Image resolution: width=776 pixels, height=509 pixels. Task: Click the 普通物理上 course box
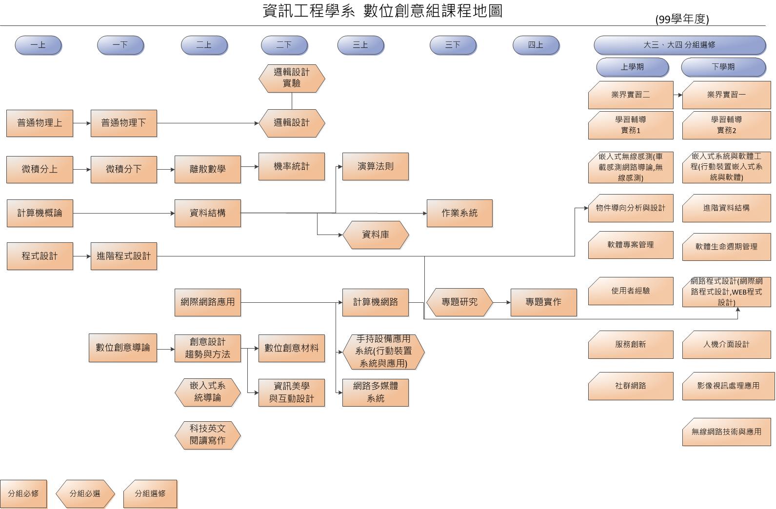[40, 123]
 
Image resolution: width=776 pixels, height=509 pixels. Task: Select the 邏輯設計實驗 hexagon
[292, 78]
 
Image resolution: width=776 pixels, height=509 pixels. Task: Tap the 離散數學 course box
[207, 169]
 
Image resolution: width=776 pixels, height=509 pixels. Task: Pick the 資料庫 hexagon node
[375, 235]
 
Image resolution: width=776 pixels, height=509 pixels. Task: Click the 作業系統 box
[459, 213]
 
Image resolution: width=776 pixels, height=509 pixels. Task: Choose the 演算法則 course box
[375, 166]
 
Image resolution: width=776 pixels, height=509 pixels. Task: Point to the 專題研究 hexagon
[459, 302]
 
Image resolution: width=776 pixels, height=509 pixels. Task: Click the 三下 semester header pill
[453, 45]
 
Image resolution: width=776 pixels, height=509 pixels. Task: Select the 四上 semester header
[536, 45]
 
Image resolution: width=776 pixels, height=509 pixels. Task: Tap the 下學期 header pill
[723, 67]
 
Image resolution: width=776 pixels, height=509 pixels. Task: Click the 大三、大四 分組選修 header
[679, 45]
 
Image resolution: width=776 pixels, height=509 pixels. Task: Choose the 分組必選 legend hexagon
[85, 493]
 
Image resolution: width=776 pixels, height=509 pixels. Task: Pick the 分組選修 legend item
[150, 493]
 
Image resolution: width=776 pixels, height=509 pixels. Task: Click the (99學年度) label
[682, 19]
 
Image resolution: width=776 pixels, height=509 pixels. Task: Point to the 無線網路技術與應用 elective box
[726, 431]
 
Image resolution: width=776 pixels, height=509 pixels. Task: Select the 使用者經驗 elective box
[631, 291]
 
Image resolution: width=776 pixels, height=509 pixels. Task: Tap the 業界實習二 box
[631, 95]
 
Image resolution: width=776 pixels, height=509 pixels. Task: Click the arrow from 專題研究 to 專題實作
[502, 302]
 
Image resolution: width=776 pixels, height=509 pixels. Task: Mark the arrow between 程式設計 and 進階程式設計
[82, 256]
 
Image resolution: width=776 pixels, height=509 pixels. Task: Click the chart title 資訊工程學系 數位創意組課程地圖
[382, 11]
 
